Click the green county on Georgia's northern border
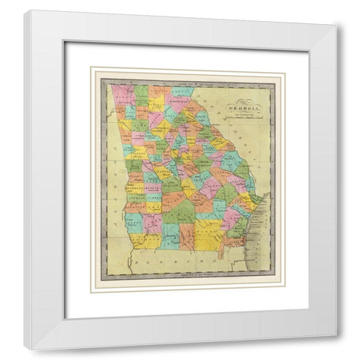[142, 94]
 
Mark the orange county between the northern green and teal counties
[160, 92]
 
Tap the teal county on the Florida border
[172, 238]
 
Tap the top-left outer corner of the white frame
[24, 10]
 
